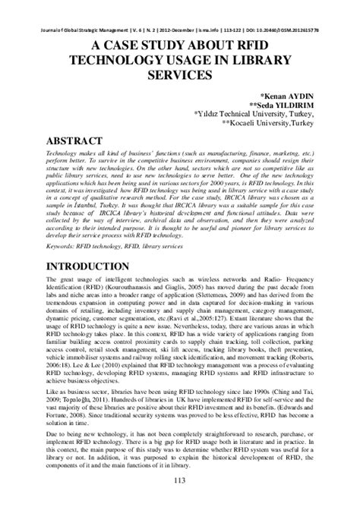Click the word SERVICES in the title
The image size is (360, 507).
point(180,76)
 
